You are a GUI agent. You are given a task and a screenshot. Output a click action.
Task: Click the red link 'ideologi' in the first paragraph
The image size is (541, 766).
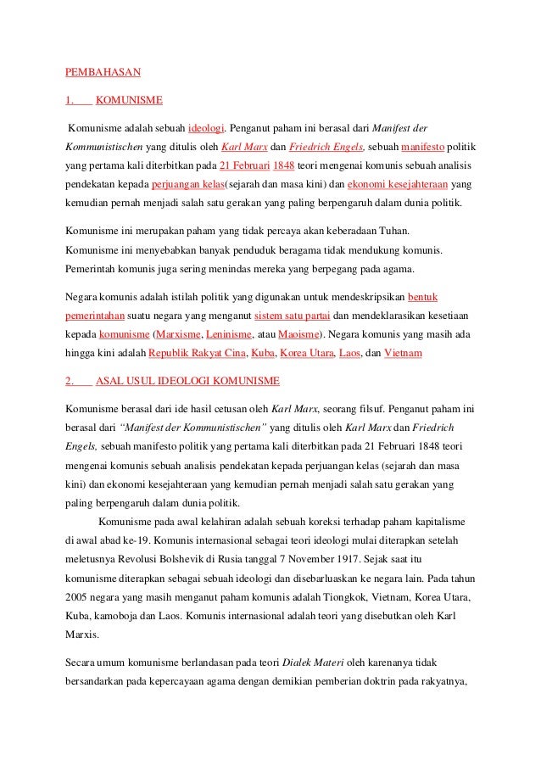[x=205, y=128]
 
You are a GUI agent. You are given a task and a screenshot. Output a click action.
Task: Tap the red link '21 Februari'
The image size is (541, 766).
[x=244, y=165]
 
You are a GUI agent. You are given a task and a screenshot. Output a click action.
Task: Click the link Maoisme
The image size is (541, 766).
[x=302, y=334]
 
